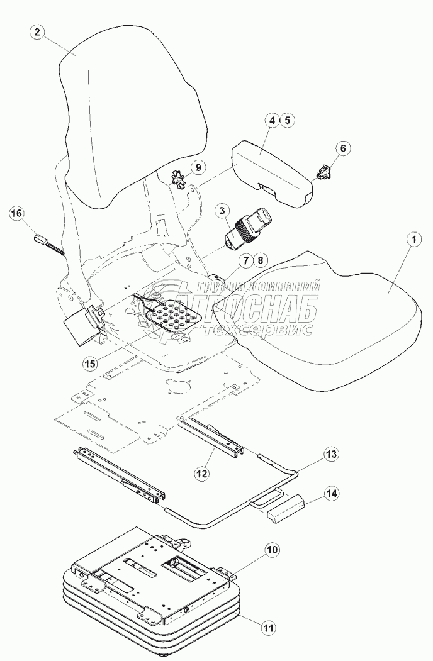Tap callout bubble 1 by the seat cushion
click(412, 240)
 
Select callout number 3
click(223, 213)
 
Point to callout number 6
click(342, 148)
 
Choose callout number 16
click(16, 214)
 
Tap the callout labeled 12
click(201, 472)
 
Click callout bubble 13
click(331, 453)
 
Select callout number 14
click(331, 494)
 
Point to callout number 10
click(271, 551)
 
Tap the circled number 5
click(287, 119)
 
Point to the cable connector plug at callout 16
click(42, 240)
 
